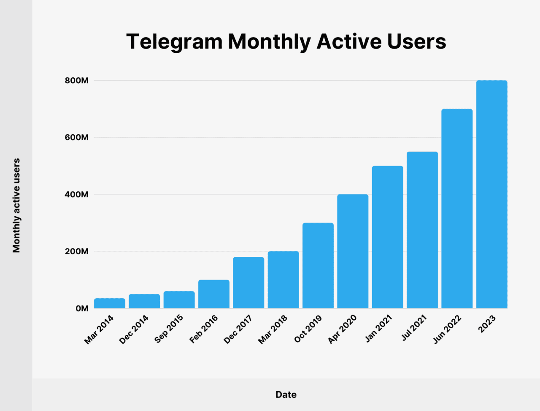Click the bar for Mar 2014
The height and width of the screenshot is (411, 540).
tap(110, 303)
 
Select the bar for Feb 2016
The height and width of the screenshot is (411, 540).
tap(214, 294)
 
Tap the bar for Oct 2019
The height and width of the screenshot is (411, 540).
tap(318, 265)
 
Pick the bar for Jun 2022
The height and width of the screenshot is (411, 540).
tap(457, 209)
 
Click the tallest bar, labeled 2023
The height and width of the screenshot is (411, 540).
tap(491, 194)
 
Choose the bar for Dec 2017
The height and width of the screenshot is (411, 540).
tap(248, 283)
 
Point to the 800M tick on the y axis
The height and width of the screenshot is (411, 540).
tap(76, 81)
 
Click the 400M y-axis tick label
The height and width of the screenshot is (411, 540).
tap(76, 195)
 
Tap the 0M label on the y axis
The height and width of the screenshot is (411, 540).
tap(82, 309)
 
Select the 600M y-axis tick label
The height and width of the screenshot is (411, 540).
tap(76, 138)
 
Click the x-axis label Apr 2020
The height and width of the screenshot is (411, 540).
tap(342, 329)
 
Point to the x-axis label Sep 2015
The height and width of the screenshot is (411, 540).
tap(169, 329)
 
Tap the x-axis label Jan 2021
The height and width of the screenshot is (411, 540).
tap(378, 329)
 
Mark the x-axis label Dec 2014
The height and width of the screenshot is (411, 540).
tap(134, 329)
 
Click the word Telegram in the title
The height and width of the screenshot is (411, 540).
tap(174, 42)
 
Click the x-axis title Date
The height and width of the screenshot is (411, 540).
tap(286, 395)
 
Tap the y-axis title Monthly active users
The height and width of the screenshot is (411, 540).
tap(16, 206)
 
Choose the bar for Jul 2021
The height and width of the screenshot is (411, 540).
tap(422, 230)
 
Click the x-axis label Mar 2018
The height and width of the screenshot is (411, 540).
tap(273, 329)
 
